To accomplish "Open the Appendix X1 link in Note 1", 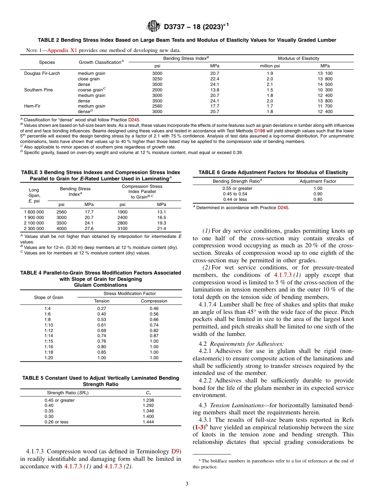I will (62, 50).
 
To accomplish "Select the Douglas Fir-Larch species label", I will (42, 73).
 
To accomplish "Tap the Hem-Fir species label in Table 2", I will (33, 106).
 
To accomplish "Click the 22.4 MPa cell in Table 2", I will (215, 79).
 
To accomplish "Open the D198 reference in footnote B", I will (259, 130).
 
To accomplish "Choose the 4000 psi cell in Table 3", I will (61, 228).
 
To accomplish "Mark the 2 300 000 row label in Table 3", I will (34, 228).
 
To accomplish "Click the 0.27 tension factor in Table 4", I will (102, 308).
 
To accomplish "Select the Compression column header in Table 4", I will (154, 301).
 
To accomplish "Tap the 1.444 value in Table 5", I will (148, 422).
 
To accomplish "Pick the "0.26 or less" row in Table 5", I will (56, 422).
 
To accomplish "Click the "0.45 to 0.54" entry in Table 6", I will (235, 194).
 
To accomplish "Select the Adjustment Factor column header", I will (318, 181).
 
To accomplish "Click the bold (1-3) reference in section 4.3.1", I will (198, 427).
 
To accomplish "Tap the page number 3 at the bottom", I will (187, 484).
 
